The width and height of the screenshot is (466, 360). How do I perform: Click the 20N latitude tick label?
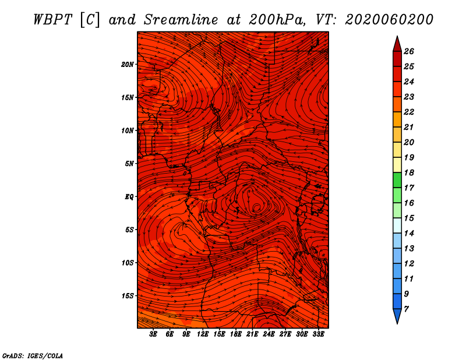pyautogui.click(x=127, y=65)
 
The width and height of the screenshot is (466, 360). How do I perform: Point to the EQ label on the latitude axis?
pyautogui.click(x=129, y=197)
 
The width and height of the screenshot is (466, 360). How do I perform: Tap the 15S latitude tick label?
pyautogui.click(x=128, y=296)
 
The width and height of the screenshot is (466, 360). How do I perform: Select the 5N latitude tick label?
pyautogui.click(x=129, y=164)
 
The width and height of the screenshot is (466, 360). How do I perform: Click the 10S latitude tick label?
pyautogui.click(x=128, y=263)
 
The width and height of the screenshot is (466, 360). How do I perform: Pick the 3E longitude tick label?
pyautogui.click(x=153, y=334)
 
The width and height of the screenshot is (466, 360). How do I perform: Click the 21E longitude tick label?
pyautogui.click(x=252, y=334)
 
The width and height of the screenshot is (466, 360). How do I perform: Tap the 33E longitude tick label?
pyautogui.click(x=318, y=334)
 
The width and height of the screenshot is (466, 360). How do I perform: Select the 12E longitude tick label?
pyautogui.click(x=202, y=334)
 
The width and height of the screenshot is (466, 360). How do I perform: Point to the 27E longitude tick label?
pyautogui.click(x=285, y=334)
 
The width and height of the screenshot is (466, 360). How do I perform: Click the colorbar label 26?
pyautogui.click(x=409, y=51)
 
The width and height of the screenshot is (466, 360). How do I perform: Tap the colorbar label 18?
pyautogui.click(x=409, y=172)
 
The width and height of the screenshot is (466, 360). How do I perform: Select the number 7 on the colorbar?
pyautogui.click(x=406, y=309)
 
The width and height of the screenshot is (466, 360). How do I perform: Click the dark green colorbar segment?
pyautogui.click(x=397, y=180)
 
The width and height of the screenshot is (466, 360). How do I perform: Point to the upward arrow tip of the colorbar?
pyautogui.click(x=397, y=36)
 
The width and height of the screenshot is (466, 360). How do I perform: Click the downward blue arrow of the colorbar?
pyautogui.click(x=397, y=316)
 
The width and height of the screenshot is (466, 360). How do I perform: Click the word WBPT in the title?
pyautogui.click(x=52, y=20)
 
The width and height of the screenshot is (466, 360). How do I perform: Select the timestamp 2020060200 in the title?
pyautogui.click(x=389, y=20)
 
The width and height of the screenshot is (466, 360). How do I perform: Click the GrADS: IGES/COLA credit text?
pyautogui.click(x=33, y=356)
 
